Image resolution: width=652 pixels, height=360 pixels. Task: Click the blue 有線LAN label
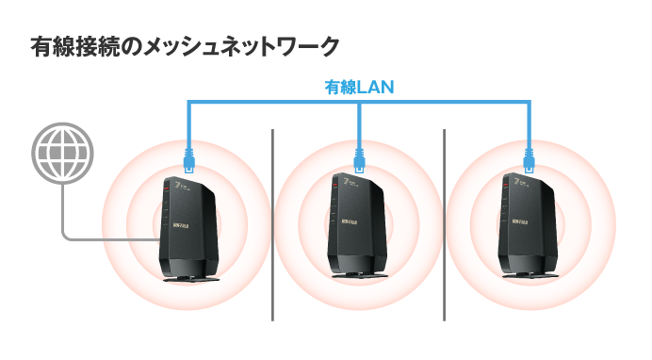coord(359,87)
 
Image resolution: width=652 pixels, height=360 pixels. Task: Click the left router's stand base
coord(190,276)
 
